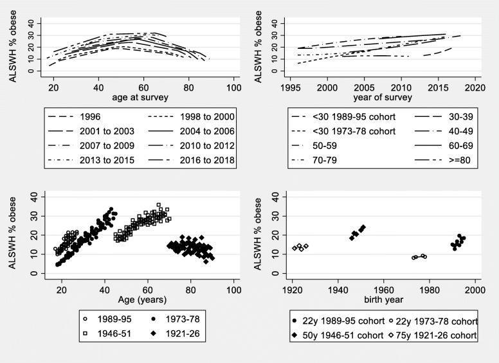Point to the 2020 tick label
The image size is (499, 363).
(475, 87)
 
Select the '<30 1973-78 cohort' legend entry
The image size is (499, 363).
(351, 130)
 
